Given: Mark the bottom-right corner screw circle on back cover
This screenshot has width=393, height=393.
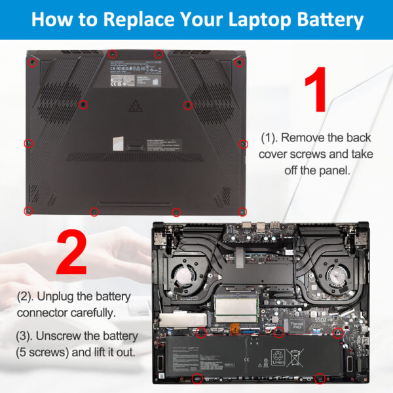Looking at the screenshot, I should pyautogui.click(x=242, y=211).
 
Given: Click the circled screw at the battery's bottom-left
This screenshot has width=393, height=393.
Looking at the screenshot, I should pyautogui.click(x=197, y=379).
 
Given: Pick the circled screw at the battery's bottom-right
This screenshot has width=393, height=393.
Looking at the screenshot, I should pyautogui.click(x=320, y=378).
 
